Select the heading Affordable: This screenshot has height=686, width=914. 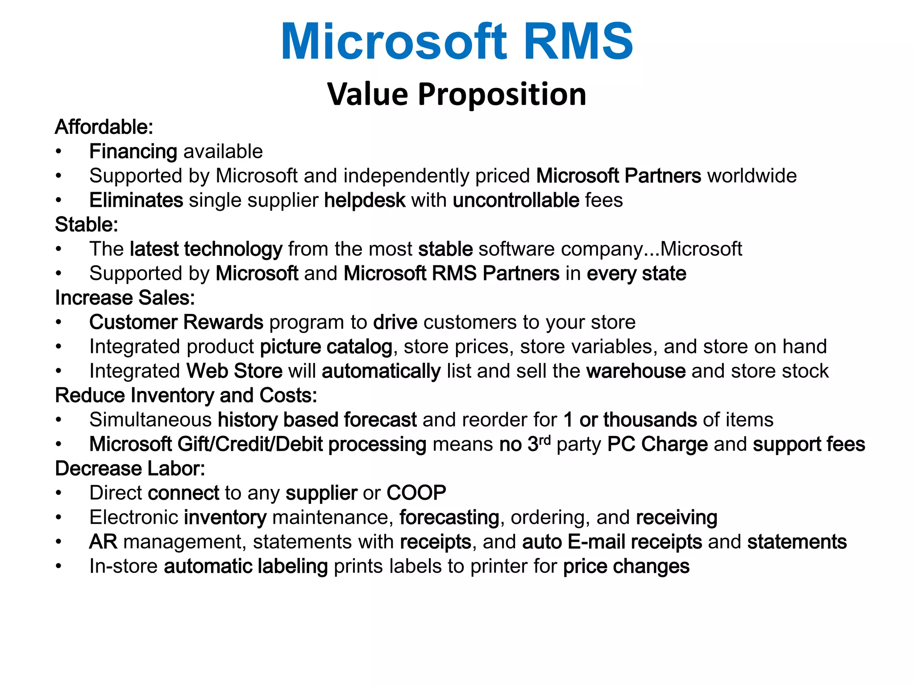pyautogui.click(x=104, y=127)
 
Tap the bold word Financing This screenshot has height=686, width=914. pyautogui.click(x=133, y=151)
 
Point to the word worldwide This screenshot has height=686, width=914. pyautogui.click(x=752, y=176)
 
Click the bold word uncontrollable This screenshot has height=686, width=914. pyautogui.click(x=516, y=200)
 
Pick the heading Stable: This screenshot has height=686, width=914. pyautogui.click(x=86, y=225)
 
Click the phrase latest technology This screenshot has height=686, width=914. pyautogui.click(x=206, y=249)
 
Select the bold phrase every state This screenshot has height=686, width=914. pyautogui.click(x=636, y=273)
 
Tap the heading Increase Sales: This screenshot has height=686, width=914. pyautogui.click(x=125, y=298)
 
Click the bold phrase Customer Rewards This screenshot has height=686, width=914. pyautogui.click(x=176, y=322)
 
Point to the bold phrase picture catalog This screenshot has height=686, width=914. pyautogui.click(x=326, y=347)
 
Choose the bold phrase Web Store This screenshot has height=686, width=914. pyautogui.click(x=234, y=371)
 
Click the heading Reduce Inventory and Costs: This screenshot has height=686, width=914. pyautogui.click(x=186, y=396)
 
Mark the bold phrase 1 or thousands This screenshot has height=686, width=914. pyautogui.click(x=630, y=420)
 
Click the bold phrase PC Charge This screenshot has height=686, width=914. pyautogui.click(x=657, y=444)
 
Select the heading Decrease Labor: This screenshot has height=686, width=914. pyautogui.click(x=130, y=468)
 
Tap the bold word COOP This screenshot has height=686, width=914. pyautogui.click(x=416, y=493)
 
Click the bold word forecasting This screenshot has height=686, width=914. pyautogui.click(x=449, y=518)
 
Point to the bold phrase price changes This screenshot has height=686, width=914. pyautogui.click(x=626, y=566)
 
